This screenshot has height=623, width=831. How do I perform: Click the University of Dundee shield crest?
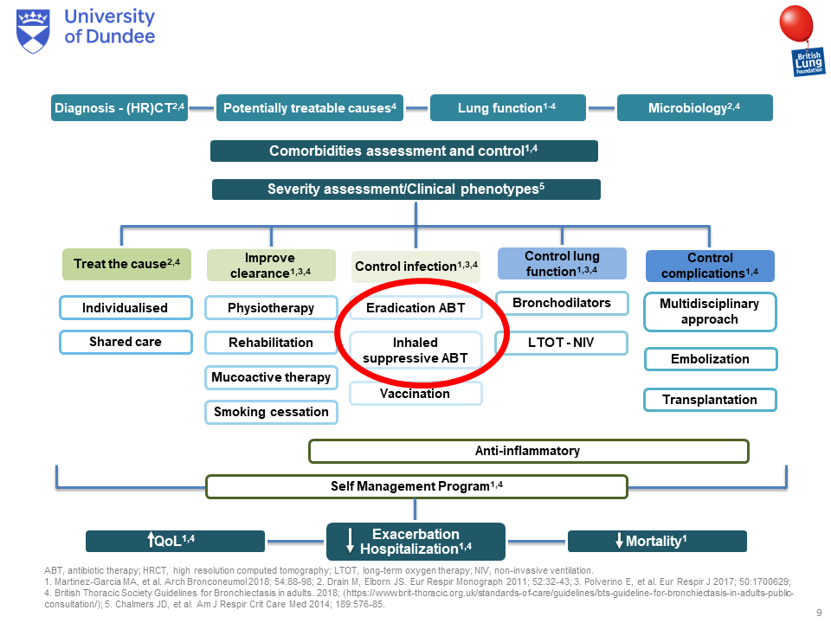pos(33,31)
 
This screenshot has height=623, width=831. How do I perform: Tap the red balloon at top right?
pos(796,23)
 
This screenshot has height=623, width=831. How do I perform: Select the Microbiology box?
pos(695,107)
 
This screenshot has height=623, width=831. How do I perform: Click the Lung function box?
pos(508,107)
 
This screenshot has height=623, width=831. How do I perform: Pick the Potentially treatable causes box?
pos(310,107)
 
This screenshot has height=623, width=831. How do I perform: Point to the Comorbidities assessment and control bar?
pos(404,151)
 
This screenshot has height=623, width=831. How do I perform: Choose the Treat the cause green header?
pos(126,264)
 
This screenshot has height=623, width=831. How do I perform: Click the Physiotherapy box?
pos(271,308)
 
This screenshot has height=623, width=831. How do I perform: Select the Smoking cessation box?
pos(271,412)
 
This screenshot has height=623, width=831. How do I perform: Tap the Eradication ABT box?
pos(415,308)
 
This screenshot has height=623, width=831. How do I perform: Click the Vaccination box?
pos(415,394)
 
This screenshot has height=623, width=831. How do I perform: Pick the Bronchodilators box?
pos(562,303)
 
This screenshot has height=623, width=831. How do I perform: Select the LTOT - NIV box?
pos(561,343)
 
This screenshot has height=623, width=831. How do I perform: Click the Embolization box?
pos(711,359)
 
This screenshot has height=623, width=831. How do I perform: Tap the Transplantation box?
pos(710,400)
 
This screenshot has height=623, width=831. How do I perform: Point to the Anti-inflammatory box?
pos(528,452)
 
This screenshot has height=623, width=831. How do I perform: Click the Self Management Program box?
pos(416,487)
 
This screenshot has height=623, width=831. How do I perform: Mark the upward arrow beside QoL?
pos(151,539)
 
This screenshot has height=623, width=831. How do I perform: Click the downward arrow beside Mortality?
pos(619,540)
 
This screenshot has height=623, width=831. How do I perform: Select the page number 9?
pos(820,613)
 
